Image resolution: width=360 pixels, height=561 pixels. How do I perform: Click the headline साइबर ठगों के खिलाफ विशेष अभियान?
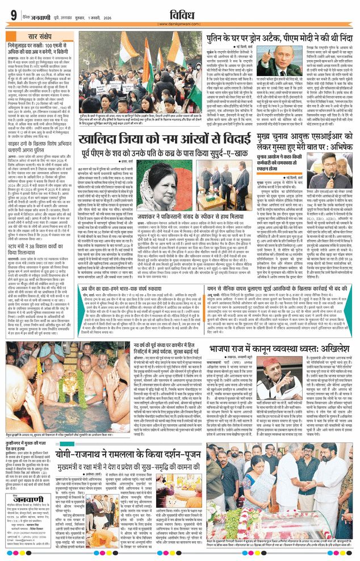36,143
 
